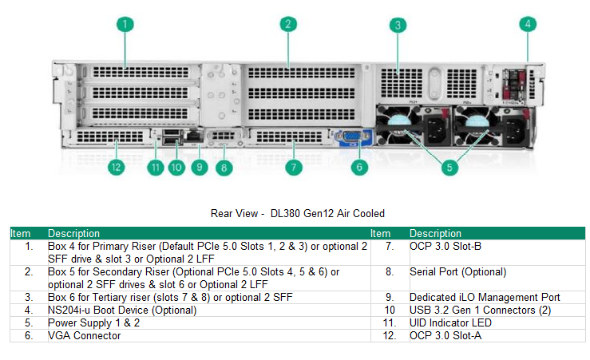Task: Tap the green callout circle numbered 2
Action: (x=287, y=25)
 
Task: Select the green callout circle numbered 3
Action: (x=398, y=25)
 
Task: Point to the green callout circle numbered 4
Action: (x=527, y=25)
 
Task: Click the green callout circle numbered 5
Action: (x=450, y=168)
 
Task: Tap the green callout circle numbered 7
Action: (x=294, y=168)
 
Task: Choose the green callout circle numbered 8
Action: (x=224, y=168)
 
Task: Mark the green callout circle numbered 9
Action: (x=199, y=168)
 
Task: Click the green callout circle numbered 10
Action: (x=176, y=168)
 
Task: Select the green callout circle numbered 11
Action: (x=153, y=168)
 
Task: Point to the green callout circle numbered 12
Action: (x=117, y=168)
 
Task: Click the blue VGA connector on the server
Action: (x=350, y=139)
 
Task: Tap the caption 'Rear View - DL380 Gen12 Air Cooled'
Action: (x=297, y=213)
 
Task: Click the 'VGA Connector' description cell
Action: (x=84, y=336)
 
